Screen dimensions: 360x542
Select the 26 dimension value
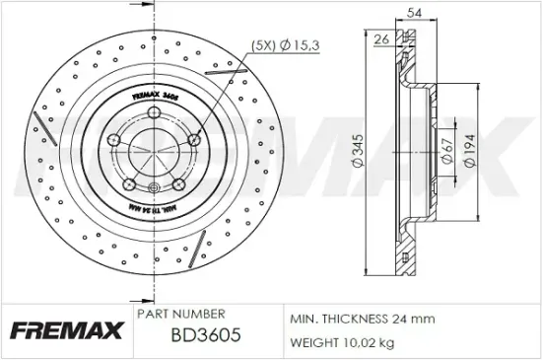tap(381, 38)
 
